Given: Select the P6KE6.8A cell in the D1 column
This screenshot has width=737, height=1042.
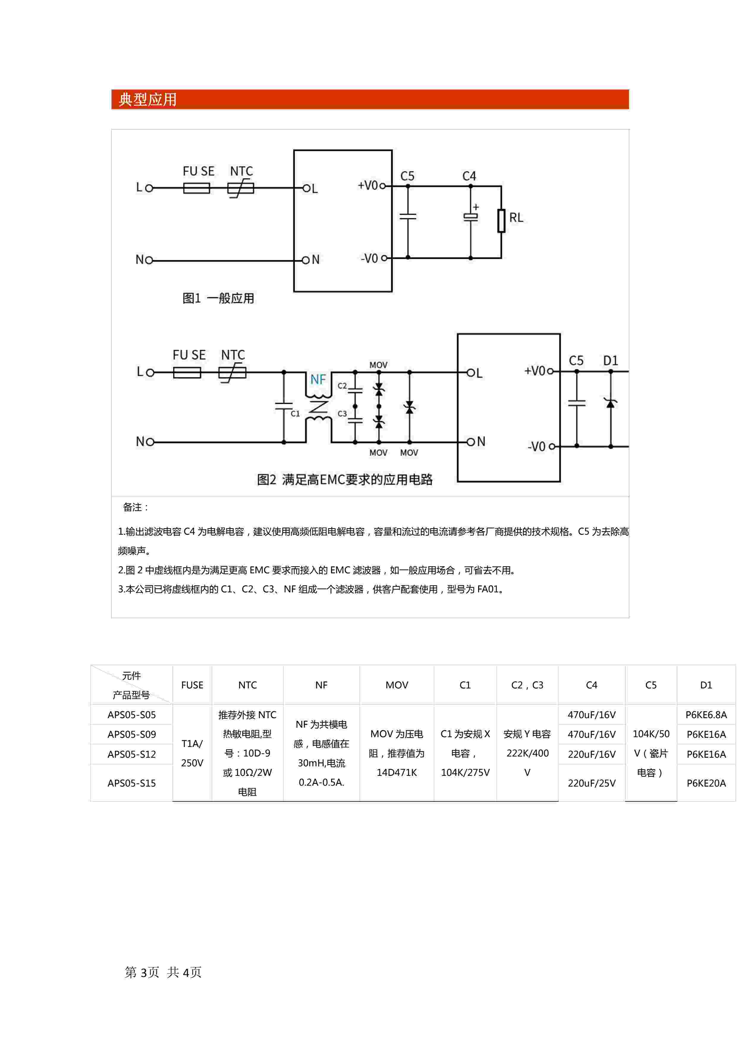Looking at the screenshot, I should [706, 715].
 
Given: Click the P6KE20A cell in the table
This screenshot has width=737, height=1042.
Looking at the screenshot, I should [706, 783].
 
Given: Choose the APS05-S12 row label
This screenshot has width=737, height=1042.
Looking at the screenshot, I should [132, 754].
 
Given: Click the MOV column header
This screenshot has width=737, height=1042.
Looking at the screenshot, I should [397, 685].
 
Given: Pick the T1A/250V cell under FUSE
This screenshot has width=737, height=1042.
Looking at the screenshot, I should [192, 753].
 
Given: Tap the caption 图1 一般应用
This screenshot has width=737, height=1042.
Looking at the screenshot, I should [218, 298].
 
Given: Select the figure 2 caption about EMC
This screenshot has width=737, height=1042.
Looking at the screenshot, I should [345, 479].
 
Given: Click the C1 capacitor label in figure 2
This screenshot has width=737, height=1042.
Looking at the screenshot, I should [296, 413].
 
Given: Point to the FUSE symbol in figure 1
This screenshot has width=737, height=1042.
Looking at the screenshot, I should [197, 188].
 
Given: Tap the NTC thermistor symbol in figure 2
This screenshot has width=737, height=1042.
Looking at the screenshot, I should [232, 373].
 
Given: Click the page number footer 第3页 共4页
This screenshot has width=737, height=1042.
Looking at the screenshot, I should [163, 972].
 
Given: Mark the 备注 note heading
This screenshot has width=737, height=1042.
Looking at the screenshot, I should [135, 507].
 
